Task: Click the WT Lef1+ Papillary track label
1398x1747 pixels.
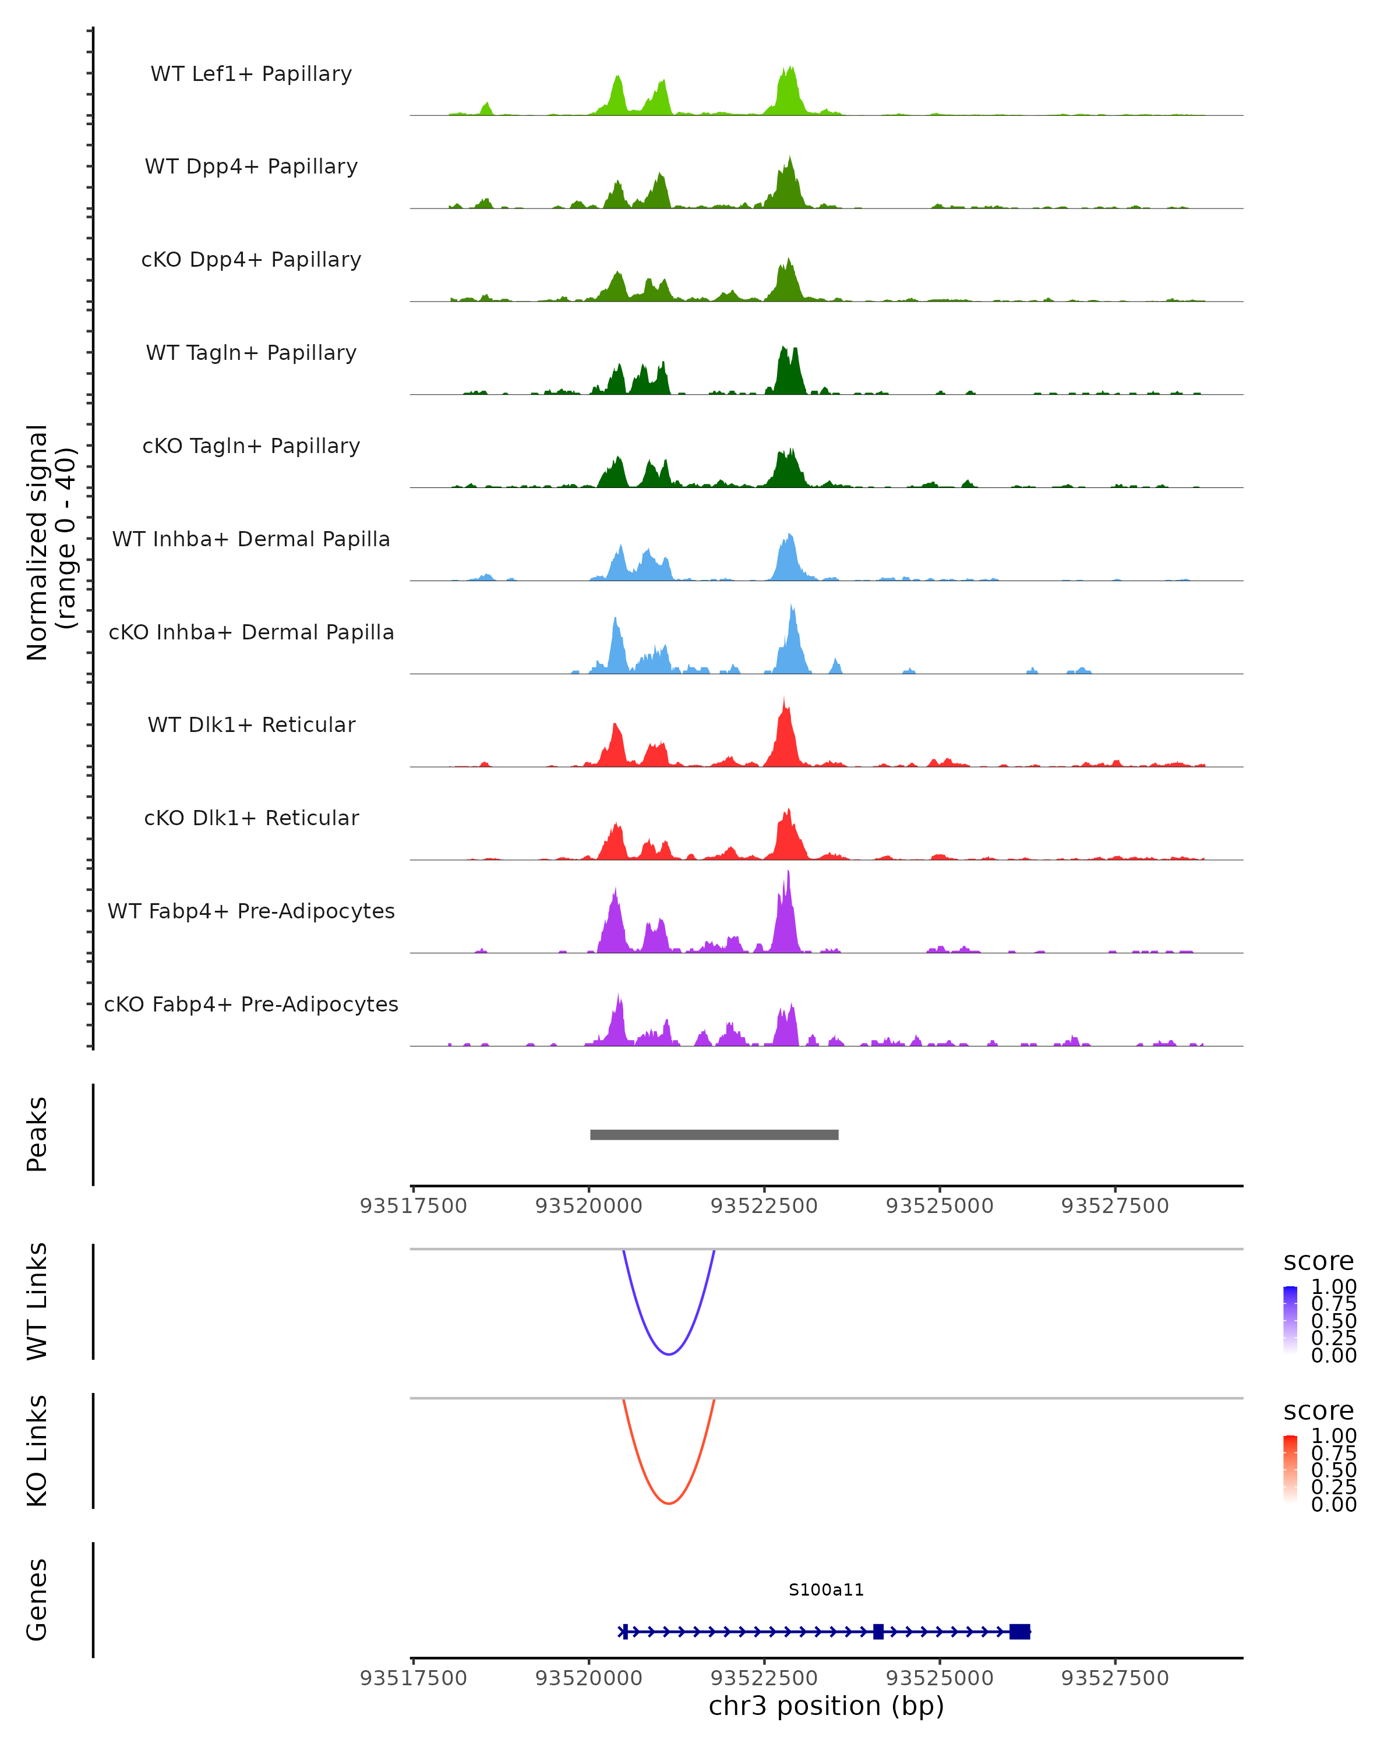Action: point(251,74)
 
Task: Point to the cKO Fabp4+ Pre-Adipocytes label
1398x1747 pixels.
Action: point(251,1004)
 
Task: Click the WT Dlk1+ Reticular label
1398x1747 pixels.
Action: point(251,724)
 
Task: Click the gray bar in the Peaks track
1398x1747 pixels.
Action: point(714,1134)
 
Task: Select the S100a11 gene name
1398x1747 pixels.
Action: point(826,1590)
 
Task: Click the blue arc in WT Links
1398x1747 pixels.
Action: point(669,1354)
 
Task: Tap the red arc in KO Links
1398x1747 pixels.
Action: point(669,1503)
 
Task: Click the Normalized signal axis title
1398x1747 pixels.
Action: point(50,542)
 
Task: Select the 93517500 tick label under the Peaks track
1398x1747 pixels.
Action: point(414,1206)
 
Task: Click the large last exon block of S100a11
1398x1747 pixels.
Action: point(1019,1631)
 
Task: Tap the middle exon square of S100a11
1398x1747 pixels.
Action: point(878,1631)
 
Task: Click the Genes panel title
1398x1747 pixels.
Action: point(37,1600)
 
